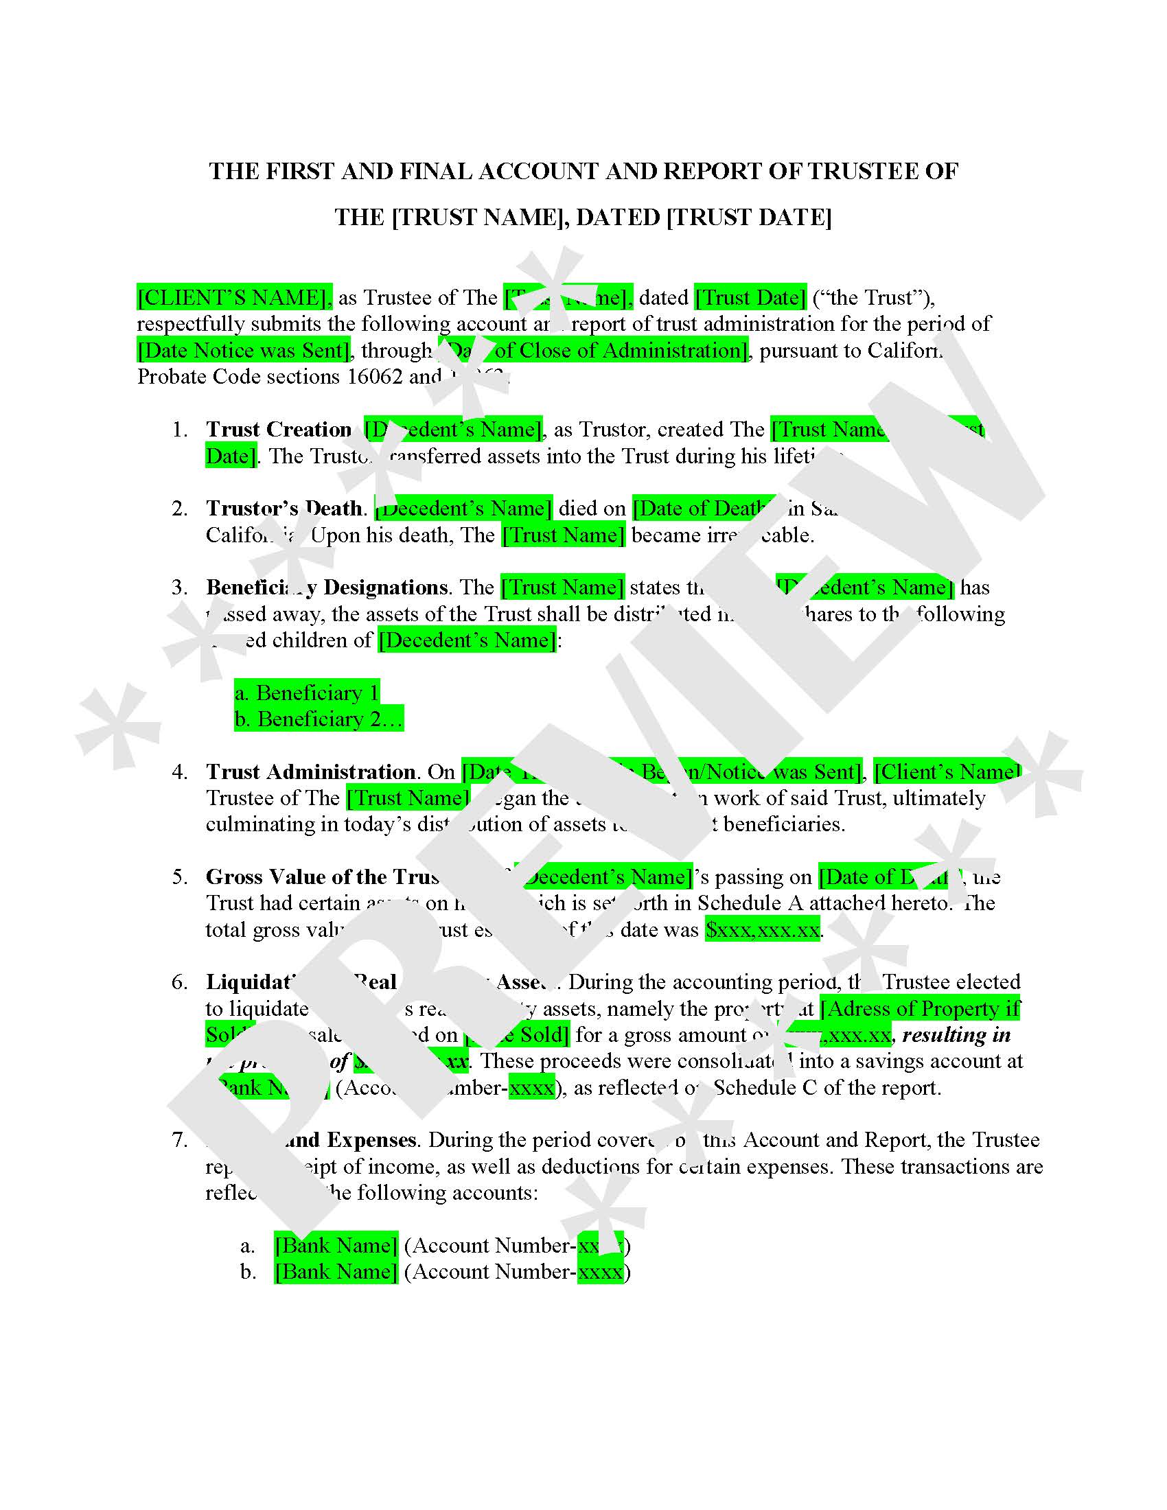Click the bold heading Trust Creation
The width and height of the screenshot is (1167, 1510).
pyautogui.click(x=279, y=430)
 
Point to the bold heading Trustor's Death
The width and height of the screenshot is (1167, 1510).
pyautogui.click(x=284, y=509)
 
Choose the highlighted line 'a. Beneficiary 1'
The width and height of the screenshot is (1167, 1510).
pyautogui.click(x=307, y=693)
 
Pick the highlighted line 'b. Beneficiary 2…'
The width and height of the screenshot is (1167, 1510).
pyautogui.click(x=318, y=719)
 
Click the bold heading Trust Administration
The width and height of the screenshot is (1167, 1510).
pyautogui.click(x=310, y=772)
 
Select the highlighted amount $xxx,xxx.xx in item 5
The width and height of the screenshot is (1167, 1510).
pyautogui.click(x=763, y=930)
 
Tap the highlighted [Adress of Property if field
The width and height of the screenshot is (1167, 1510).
pyautogui.click(x=920, y=1010)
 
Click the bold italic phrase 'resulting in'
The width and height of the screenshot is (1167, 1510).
pyautogui.click(x=957, y=1035)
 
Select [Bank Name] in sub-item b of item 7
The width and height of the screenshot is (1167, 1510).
pyautogui.click(x=336, y=1272)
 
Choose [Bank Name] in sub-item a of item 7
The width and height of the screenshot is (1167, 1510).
pyautogui.click(x=336, y=1246)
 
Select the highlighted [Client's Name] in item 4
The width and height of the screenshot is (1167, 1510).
pyautogui.click(x=947, y=772)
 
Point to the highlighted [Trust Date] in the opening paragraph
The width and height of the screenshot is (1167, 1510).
pyautogui.click(x=751, y=298)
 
